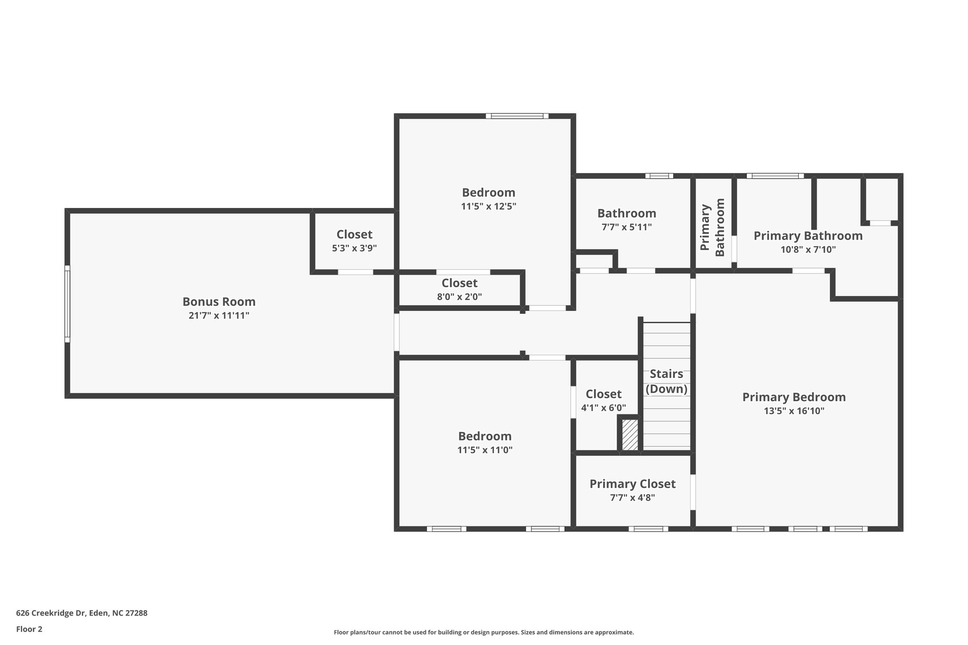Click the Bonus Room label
point(219,301)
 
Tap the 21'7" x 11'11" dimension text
point(219,316)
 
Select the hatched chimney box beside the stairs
point(630,435)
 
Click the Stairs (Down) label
point(666,381)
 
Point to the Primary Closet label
point(632,484)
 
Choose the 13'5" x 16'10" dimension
point(794,411)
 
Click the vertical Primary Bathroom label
point(712,227)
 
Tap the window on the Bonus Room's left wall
point(67,303)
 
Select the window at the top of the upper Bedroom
point(517,116)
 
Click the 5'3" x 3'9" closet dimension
point(354,248)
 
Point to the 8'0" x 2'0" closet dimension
point(459,297)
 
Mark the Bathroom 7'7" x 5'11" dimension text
point(627,227)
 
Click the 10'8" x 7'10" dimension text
point(808,249)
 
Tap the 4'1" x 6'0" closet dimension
point(604,408)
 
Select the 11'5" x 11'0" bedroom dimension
point(485,450)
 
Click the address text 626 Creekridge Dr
point(51,613)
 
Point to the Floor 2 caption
point(29,629)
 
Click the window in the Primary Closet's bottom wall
point(648,529)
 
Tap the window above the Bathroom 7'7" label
point(659,176)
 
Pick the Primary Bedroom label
point(794,397)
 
